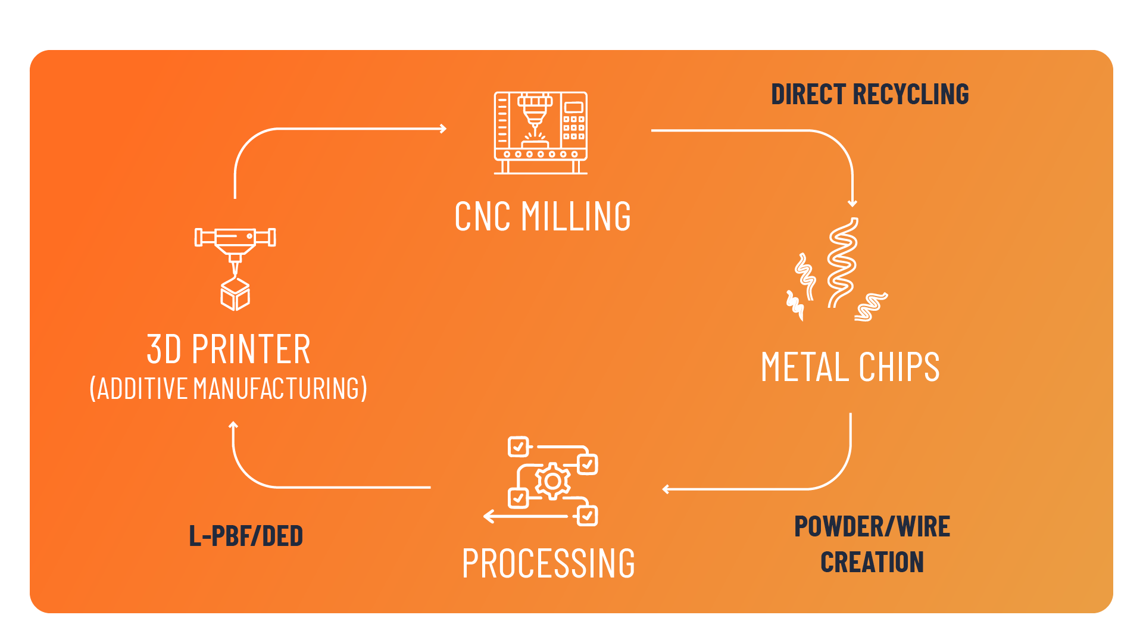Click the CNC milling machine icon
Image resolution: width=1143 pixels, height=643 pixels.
pos(541,133)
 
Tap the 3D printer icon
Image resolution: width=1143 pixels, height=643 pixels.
pos(235,269)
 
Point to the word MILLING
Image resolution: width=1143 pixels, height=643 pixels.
pos(576,216)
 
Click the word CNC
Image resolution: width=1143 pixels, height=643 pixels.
pos(482,216)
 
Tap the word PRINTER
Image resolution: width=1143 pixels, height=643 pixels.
pos(251,349)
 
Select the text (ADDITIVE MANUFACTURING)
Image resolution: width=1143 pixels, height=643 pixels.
pos(229,388)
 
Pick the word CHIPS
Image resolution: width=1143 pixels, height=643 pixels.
pos(899,367)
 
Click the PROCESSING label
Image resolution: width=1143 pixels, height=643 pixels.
pos(548,563)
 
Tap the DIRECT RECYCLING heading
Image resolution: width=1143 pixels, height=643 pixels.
pos(870,94)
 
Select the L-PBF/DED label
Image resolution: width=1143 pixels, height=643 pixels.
pos(246,536)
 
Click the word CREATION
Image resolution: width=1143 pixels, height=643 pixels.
pos(872,562)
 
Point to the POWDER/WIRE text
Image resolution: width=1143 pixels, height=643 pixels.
pos(872,526)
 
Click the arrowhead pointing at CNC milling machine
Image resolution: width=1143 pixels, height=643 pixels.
pos(444,129)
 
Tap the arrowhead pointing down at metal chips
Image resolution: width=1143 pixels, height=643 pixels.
pos(852,204)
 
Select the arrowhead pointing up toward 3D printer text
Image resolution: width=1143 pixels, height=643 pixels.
pos(233,424)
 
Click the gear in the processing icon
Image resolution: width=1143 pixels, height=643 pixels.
pos(553,480)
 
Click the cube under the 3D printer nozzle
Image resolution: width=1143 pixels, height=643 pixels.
pos(235,294)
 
